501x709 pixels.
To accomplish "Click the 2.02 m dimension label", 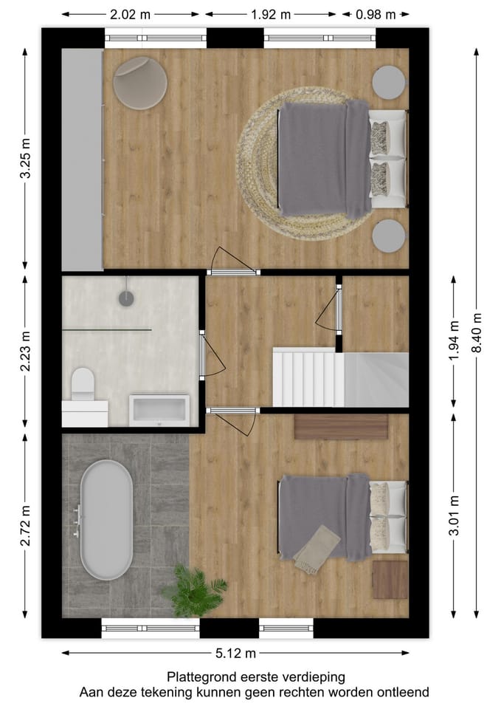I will [x=131, y=14].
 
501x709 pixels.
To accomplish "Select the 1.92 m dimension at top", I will [x=271, y=14].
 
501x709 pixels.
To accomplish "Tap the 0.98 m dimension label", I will [x=376, y=14].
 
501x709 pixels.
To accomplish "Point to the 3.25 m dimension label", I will [x=25, y=159].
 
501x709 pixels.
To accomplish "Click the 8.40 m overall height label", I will [x=477, y=333].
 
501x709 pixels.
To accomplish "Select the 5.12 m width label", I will [x=235, y=653].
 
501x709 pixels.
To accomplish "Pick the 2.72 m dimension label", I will [x=25, y=526].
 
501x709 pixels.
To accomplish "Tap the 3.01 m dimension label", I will [x=452, y=514].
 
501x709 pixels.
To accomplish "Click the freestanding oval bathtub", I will [x=106, y=520].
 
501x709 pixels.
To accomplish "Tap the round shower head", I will [x=128, y=298].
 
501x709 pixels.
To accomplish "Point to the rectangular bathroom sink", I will [x=159, y=410].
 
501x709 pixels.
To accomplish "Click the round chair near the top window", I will [x=140, y=83].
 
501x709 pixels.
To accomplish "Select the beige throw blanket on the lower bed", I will [x=317, y=549].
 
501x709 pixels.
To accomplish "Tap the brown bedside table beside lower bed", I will [x=390, y=580].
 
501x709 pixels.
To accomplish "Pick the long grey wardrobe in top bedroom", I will [x=82, y=160].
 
